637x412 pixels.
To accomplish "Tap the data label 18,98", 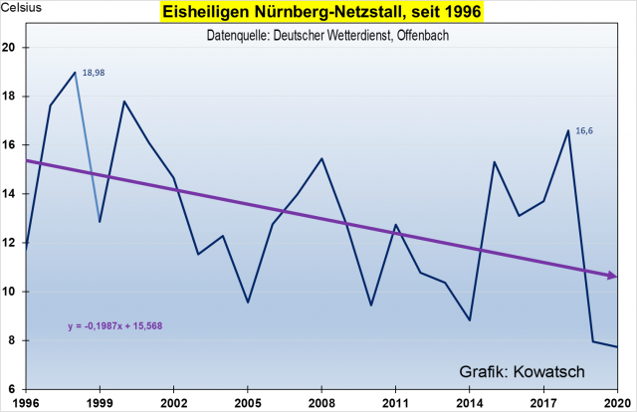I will click(x=95, y=73).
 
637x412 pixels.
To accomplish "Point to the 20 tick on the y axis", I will click(x=9, y=48).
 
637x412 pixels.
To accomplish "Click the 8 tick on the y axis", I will click(x=12, y=340).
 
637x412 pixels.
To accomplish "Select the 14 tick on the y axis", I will click(x=9, y=194).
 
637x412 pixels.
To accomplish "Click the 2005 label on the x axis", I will click(x=248, y=404).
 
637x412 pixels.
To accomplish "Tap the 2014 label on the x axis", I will click(x=469, y=404).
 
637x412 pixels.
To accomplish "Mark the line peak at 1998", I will click(x=76, y=73).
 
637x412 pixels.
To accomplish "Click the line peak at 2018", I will click(x=568, y=130).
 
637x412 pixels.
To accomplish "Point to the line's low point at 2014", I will click(x=470, y=320).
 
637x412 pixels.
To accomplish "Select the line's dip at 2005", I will click(x=248, y=303).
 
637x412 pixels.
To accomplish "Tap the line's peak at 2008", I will click(x=321, y=158).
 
